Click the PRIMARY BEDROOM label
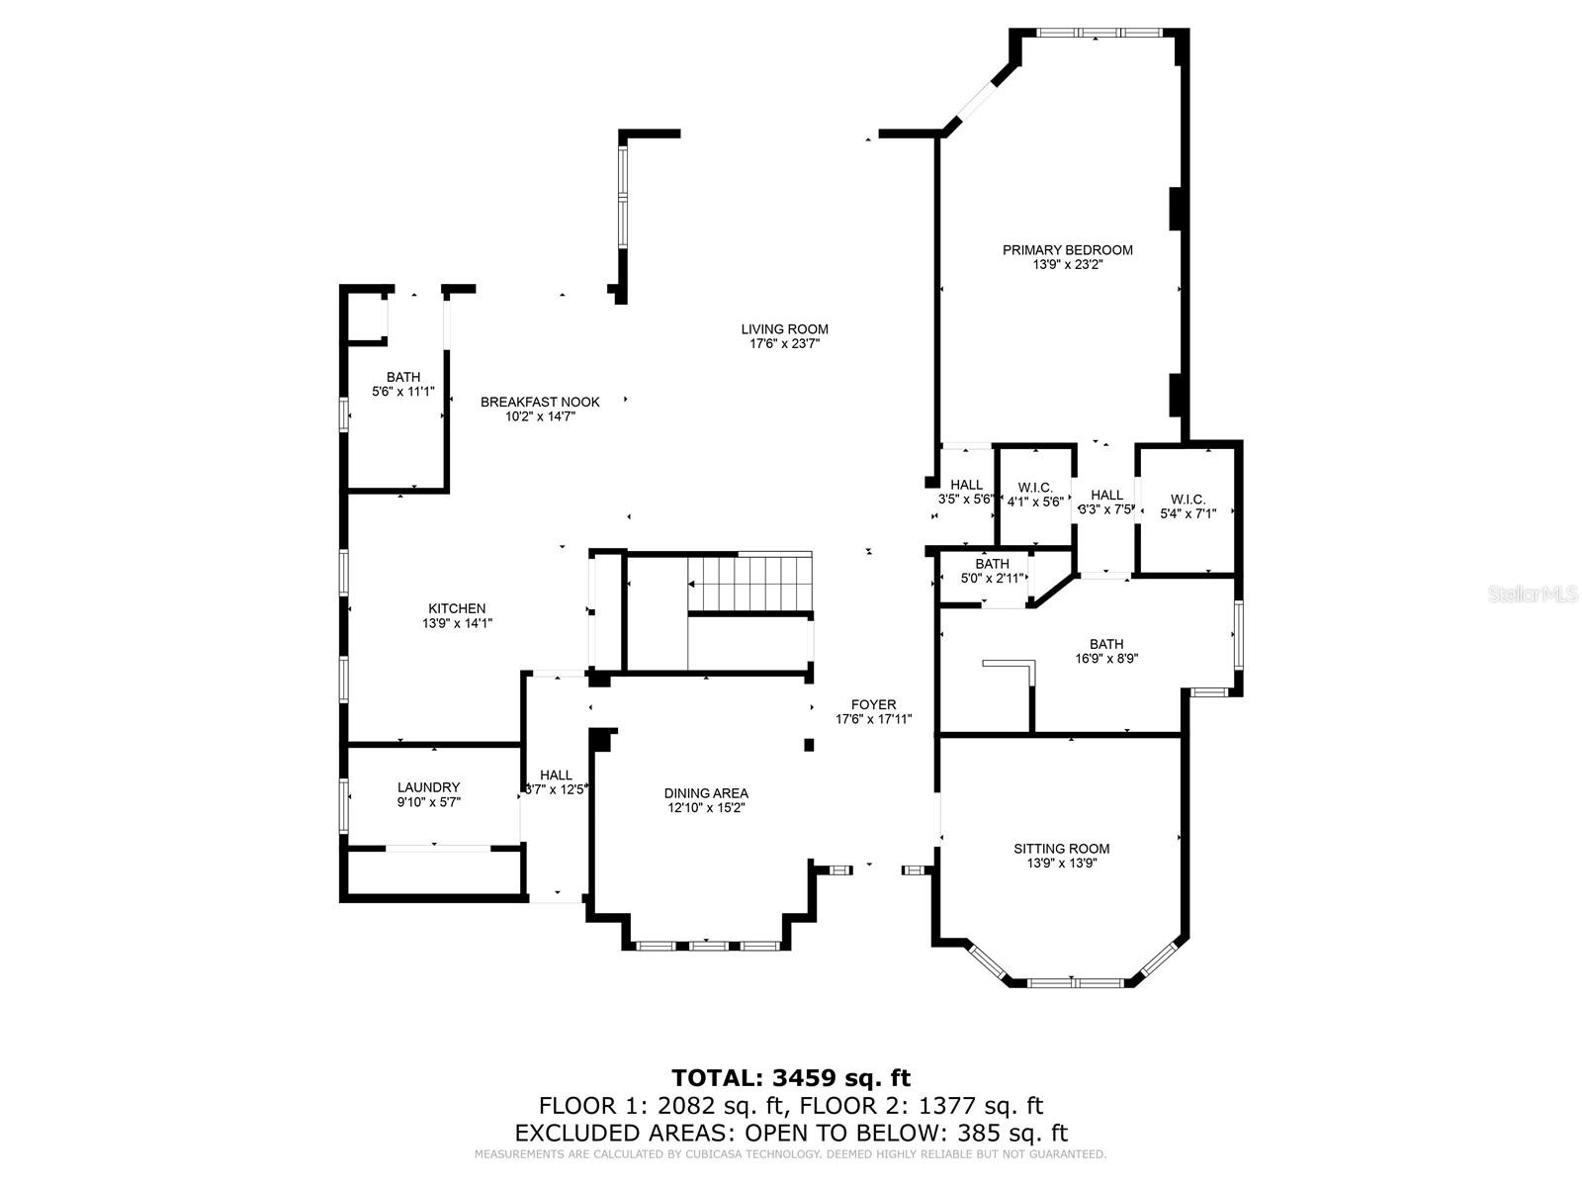tap(1067, 250)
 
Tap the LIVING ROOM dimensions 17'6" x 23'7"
tap(784, 344)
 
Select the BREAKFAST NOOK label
tap(540, 402)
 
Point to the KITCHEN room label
tap(456, 608)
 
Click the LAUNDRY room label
tap(428, 787)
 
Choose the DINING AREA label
tap(705, 793)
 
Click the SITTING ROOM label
tap(1061, 849)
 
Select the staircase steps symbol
tap(749, 585)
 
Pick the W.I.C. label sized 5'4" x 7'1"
tap(1186, 500)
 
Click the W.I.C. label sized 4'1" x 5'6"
tap(1034, 489)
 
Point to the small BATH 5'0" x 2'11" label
tap(992, 565)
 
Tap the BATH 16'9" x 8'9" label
tap(1106, 644)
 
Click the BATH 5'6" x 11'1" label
tap(402, 377)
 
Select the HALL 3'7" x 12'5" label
tap(556, 776)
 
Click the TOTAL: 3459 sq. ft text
tap(790, 1077)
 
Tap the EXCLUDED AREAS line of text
tap(790, 1133)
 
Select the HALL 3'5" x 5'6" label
tap(966, 485)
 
